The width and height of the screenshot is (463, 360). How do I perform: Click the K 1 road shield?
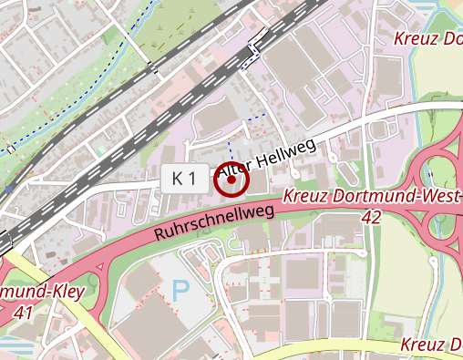tap(184, 180)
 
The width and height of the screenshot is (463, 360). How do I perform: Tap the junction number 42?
tap(371, 217)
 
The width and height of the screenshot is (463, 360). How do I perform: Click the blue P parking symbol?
tap(181, 292)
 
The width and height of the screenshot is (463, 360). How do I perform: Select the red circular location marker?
tap(231, 180)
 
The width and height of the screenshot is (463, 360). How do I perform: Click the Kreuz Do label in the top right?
tap(428, 38)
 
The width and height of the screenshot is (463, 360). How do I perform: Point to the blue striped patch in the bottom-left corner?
tap(14, 347)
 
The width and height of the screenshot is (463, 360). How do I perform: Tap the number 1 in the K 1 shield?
tap(190, 180)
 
